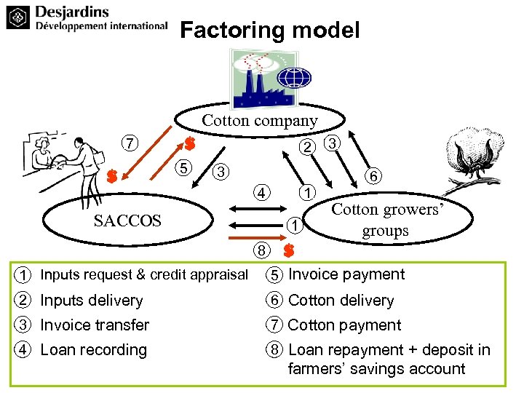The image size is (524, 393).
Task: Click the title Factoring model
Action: tap(269, 31)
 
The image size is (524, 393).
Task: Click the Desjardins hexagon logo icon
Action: tap(18, 17)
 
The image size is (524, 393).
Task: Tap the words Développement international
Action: tap(102, 26)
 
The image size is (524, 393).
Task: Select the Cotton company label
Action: tap(260, 120)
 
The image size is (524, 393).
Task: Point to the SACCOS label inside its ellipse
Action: tap(128, 221)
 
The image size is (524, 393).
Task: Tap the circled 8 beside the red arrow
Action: tap(261, 250)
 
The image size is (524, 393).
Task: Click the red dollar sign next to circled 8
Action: tap(289, 251)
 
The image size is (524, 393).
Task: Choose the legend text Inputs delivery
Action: tap(92, 300)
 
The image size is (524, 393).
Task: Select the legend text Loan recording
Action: tap(94, 349)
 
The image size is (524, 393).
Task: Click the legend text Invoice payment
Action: tap(346, 274)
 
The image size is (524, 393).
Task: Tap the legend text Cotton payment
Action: tap(345, 325)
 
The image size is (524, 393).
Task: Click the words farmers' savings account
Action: tap(376, 368)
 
